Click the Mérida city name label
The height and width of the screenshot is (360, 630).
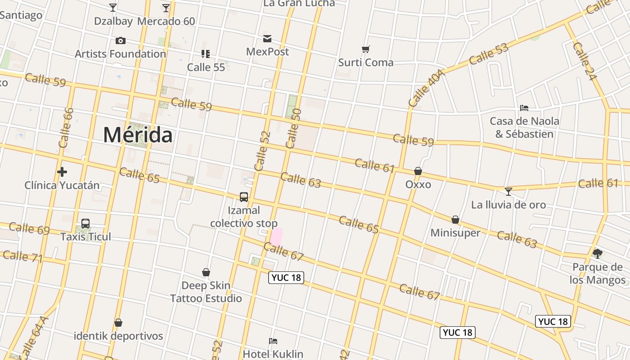click(138, 135)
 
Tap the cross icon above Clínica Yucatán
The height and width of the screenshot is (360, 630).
click(62, 171)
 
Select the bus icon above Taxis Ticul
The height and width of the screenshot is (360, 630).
click(85, 224)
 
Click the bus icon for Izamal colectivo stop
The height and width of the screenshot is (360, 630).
click(244, 197)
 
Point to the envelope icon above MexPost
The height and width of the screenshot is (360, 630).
click(267, 39)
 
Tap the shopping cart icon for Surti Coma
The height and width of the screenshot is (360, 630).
click(366, 49)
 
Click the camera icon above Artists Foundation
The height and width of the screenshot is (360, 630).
click(121, 41)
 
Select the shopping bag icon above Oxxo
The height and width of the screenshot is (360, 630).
click(418, 171)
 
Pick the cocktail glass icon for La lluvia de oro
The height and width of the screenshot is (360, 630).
click(508, 192)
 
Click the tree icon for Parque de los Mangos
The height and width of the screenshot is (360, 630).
click(598, 254)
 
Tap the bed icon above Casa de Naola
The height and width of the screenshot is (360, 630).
click(524, 108)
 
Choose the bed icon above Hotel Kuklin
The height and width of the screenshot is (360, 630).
click(273, 341)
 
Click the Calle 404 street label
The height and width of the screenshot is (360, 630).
click(426, 88)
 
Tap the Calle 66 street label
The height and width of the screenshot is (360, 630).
click(66, 128)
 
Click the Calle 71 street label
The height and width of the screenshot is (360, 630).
click(22, 256)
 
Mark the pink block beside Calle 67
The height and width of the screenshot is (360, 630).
click(276, 236)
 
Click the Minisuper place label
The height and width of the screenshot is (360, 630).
click(455, 233)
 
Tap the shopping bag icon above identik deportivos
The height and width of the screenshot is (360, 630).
click(118, 323)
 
